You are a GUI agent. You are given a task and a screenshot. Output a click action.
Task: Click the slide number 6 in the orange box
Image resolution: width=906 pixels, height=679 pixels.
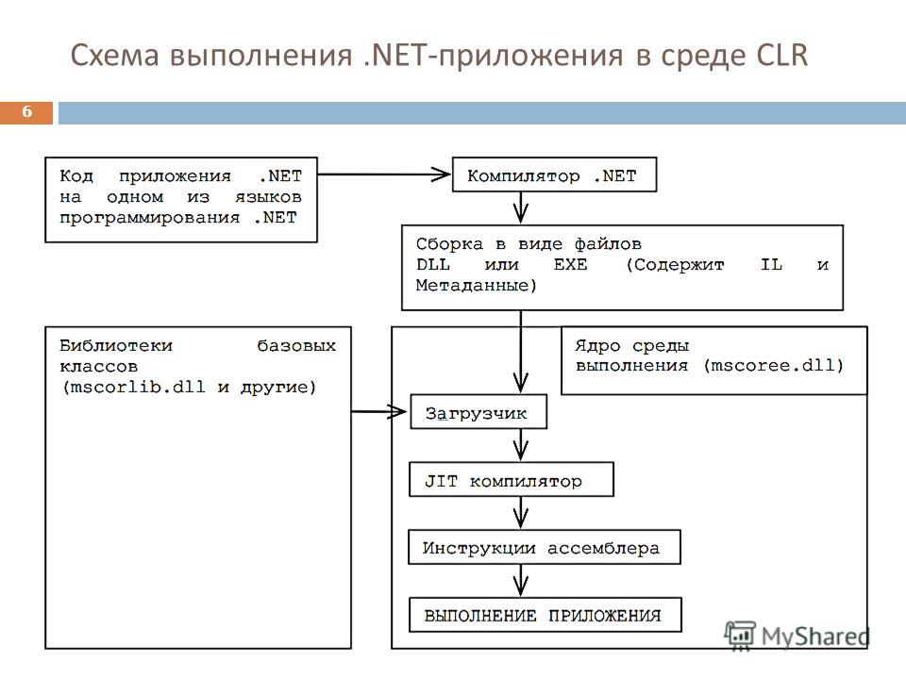[x=27, y=111]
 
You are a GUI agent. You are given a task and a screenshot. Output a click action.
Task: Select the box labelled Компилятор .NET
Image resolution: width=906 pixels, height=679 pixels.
[x=554, y=174]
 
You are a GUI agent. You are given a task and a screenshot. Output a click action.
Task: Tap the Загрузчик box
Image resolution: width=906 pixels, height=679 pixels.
[x=478, y=412]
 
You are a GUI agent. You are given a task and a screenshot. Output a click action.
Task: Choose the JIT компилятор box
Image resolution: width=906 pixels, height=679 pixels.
[x=512, y=479]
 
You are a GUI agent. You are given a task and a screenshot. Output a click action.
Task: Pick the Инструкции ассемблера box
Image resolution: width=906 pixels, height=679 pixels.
[x=545, y=547]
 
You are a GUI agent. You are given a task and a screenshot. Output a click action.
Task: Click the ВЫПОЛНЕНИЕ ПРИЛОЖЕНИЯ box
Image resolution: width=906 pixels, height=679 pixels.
[x=545, y=615]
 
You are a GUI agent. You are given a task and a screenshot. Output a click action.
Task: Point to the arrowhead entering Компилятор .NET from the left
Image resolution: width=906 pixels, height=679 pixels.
[x=442, y=174]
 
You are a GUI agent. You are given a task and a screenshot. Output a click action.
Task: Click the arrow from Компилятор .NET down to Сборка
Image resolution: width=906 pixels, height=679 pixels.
[x=521, y=207]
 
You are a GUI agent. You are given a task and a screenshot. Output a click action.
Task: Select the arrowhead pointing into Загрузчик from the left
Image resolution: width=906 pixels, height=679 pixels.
[x=398, y=412]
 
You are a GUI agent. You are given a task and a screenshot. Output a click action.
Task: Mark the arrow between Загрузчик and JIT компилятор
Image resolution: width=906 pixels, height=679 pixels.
[x=521, y=445]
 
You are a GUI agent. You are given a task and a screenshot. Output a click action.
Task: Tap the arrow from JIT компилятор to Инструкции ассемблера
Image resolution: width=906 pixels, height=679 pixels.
[x=521, y=513]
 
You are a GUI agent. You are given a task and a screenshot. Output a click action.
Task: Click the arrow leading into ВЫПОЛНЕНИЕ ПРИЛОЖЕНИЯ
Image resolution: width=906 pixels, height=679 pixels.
[x=521, y=580]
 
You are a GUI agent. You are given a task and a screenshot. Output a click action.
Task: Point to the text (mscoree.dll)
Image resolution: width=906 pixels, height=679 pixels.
[x=774, y=366]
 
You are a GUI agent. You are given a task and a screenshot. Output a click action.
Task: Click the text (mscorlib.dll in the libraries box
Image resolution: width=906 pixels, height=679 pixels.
[x=134, y=387]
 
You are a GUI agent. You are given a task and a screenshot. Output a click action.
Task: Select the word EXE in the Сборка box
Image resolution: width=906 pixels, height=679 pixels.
[x=570, y=264]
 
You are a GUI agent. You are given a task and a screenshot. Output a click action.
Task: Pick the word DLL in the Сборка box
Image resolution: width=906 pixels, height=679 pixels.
[x=433, y=264]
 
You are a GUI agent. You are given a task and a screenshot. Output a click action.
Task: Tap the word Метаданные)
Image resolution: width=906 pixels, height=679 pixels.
[x=476, y=285]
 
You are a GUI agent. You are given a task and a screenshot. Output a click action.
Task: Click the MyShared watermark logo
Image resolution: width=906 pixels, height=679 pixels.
[x=797, y=636]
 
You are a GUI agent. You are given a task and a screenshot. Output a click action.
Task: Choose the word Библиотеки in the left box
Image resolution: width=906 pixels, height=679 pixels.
[x=116, y=345]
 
